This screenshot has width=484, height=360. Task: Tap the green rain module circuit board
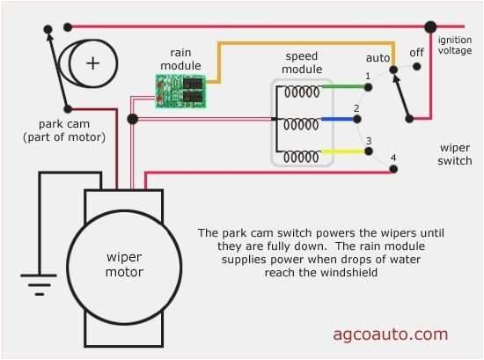(180, 90)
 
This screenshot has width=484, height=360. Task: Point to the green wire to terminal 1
(344, 86)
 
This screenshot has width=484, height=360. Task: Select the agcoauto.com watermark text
(390, 334)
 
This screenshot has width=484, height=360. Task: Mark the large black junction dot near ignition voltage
(430, 27)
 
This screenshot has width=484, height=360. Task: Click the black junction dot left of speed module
(132, 119)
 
